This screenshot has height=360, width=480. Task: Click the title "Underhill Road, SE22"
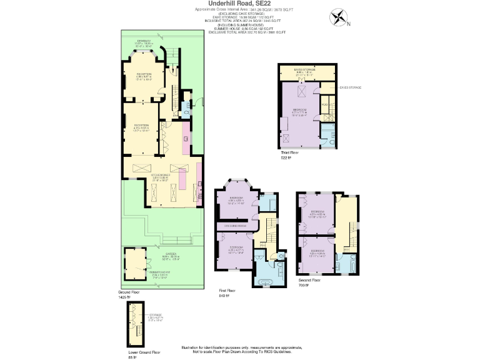(239, 3)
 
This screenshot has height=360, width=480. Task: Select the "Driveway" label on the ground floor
(144, 42)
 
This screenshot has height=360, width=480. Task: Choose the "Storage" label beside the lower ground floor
(156, 315)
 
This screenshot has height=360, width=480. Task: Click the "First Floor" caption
(227, 291)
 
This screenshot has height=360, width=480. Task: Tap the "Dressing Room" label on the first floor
(232, 225)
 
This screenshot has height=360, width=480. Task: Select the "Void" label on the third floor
(324, 104)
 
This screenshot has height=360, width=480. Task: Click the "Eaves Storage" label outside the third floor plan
(347, 88)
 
